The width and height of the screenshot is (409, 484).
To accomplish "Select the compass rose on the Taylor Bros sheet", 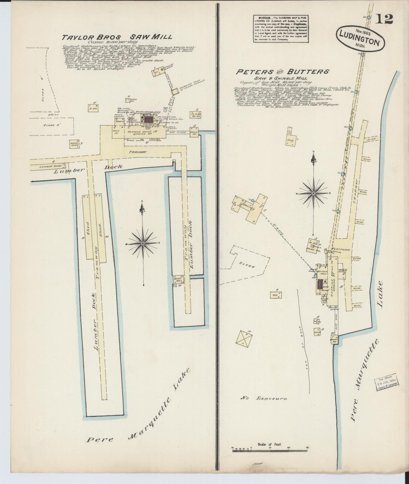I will click(x=143, y=243).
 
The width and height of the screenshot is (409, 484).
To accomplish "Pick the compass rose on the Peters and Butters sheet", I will click(x=313, y=193).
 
